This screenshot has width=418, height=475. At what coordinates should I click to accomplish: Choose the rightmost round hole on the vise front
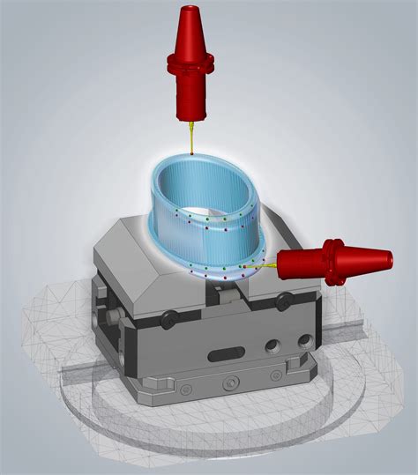(x=305, y=337)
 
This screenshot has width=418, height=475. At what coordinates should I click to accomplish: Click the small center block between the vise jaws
(x=218, y=285)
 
